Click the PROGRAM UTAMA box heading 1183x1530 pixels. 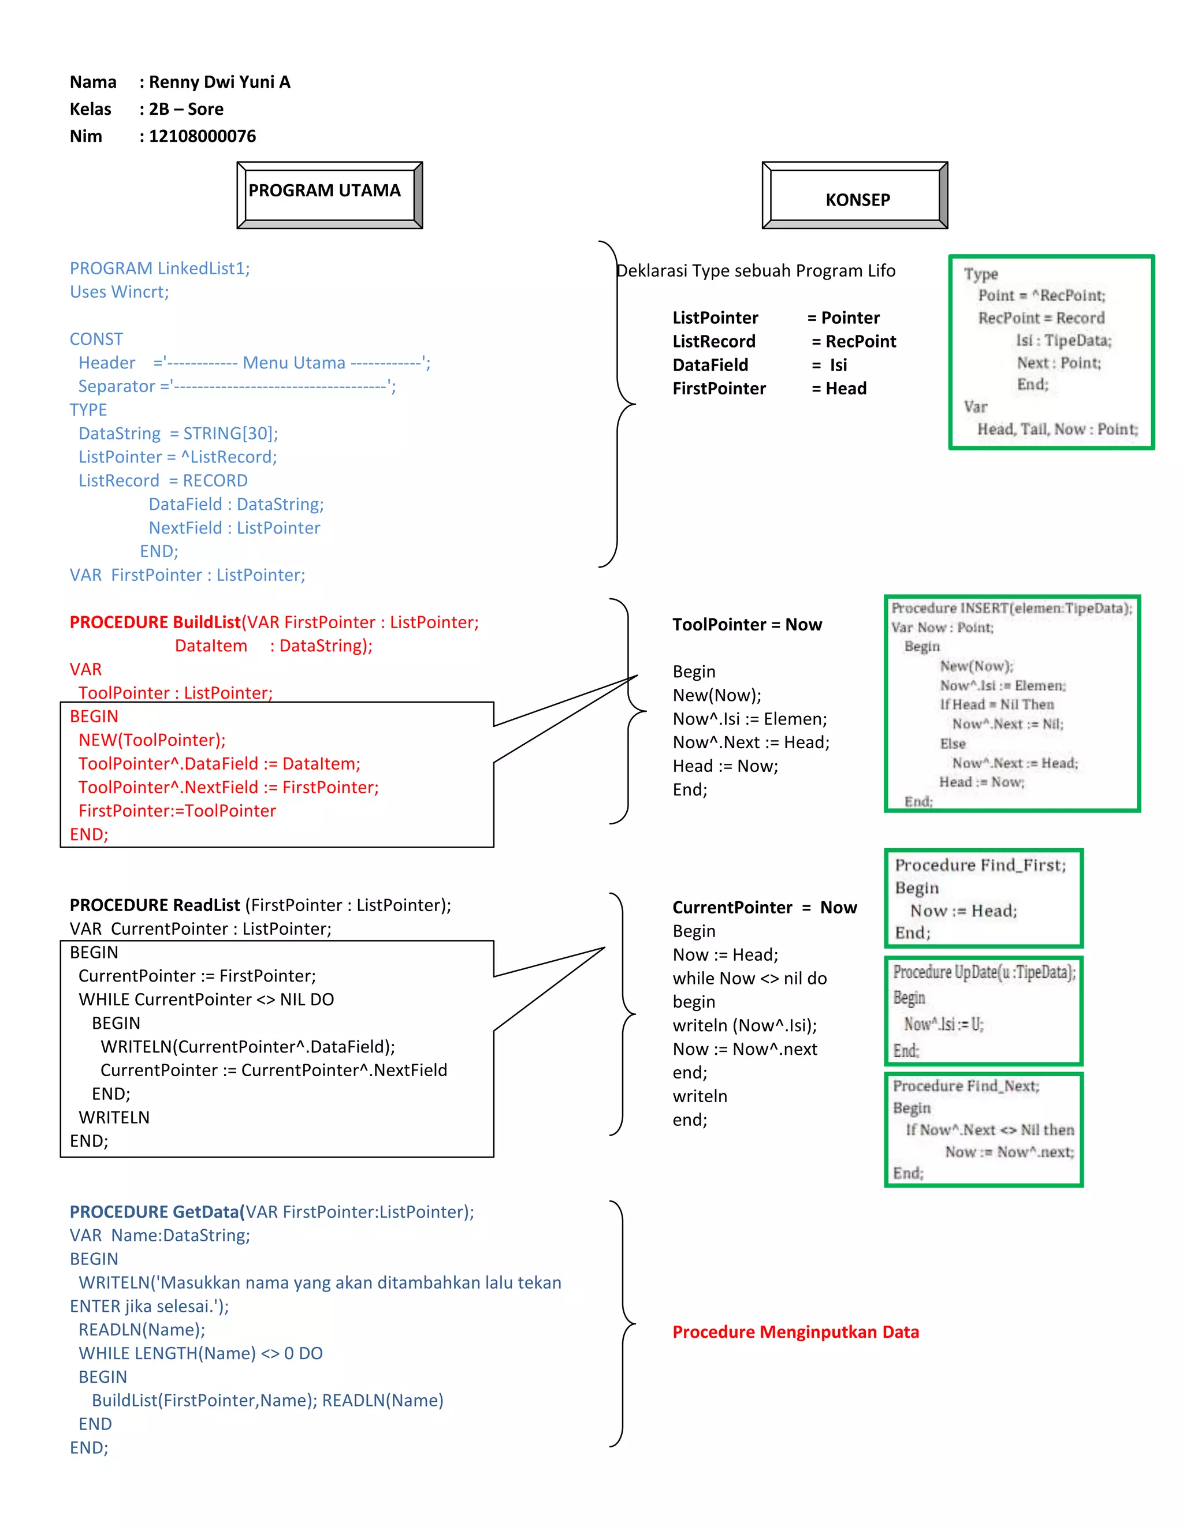point(325,191)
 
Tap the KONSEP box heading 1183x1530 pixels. point(857,200)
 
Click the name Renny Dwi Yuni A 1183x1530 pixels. point(220,82)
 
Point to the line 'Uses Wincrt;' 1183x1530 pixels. point(119,292)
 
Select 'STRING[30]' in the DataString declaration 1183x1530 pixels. point(230,434)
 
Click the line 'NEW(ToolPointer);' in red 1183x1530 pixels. point(151,741)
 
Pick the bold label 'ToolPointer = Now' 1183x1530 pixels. point(747,625)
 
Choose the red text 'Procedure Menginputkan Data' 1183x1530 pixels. point(795,1332)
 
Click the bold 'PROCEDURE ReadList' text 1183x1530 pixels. point(155,905)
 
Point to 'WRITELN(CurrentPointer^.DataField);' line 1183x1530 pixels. point(247,1047)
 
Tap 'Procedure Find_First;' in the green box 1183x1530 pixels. point(980,866)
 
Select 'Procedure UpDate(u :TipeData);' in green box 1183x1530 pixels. point(984,972)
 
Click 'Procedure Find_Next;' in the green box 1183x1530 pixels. point(966,1086)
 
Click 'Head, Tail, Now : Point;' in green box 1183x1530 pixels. point(1057,430)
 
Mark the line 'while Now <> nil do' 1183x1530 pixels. point(749,979)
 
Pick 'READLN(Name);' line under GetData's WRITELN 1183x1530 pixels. point(142,1330)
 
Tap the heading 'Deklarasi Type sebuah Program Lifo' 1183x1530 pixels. point(756,271)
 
